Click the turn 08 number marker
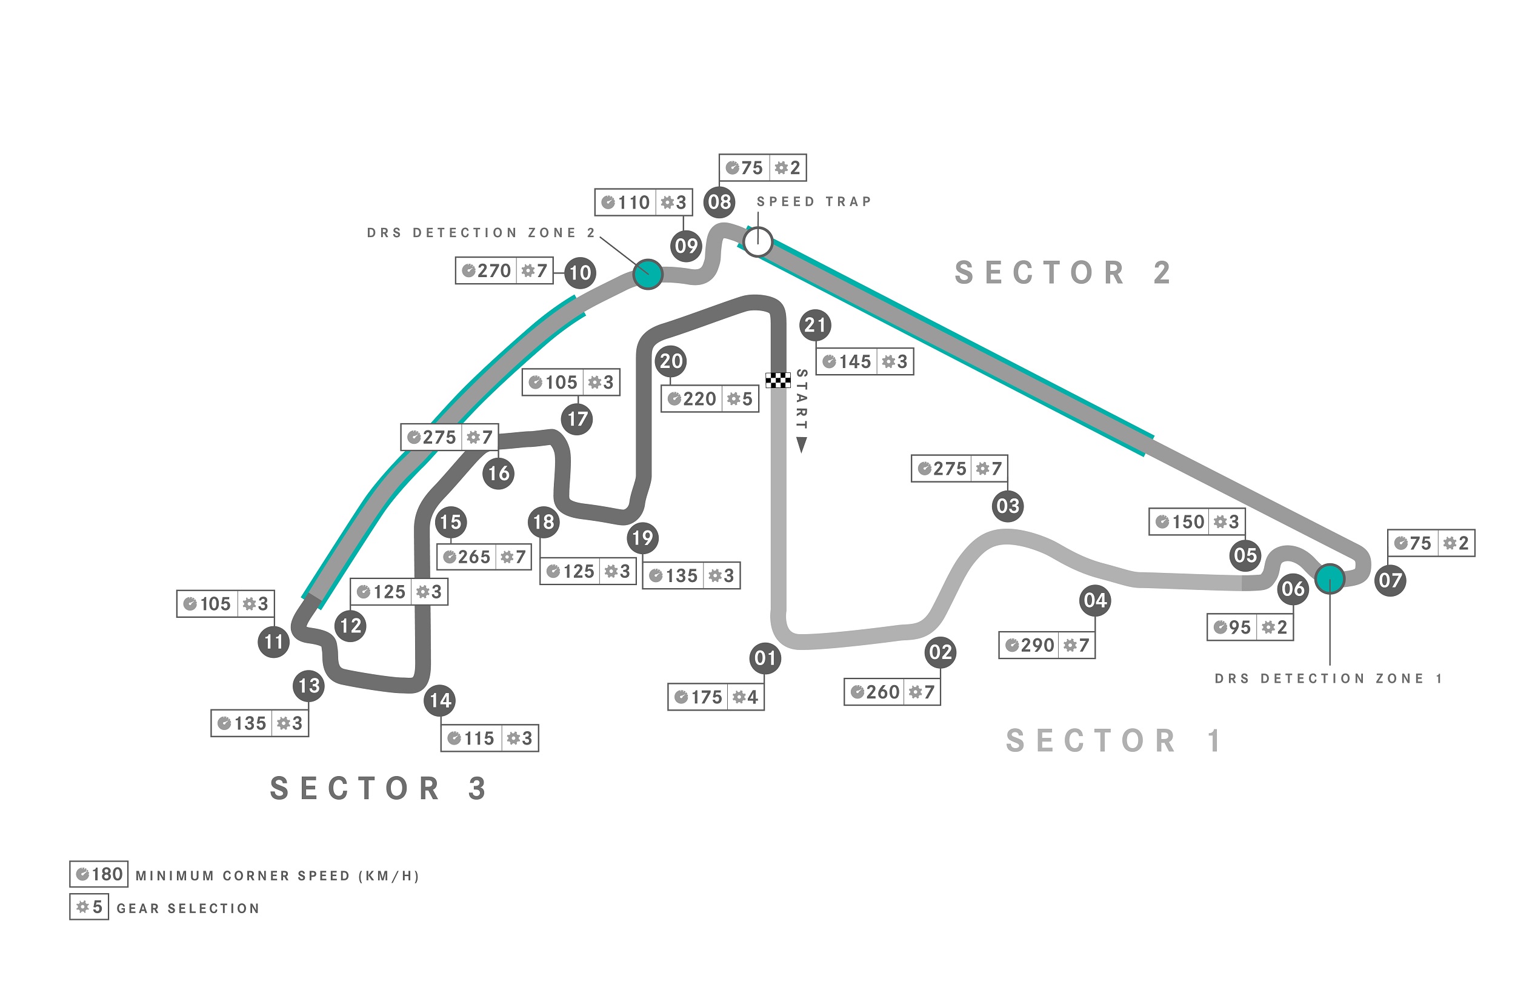pyautogui.click(x=719, y=202)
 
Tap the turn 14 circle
pyautogui.click(x=441, y=701)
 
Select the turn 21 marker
pyautogui.click(x=816, y=325)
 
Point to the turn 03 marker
pyautogui.click(x=1008, y=506)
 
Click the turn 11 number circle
pyautogui.click(x=274, y=641)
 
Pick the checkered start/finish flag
pyautogui.click(x=778, y=380)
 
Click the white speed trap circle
pyautogui.click(x=757, y=242)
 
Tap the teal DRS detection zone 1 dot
pyautogui.click(x=1330, y=579)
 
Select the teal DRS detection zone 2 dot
pyautogui.click(x=648, y=275)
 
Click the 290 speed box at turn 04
pyautogui.click(x=1047, y=645)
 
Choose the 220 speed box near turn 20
pyautogui.click(x=710, y=399)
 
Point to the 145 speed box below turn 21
pyautogui.click(x=864, y=362)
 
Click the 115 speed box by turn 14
pyautogui.click(x=490, y=738)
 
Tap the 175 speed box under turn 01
pyautogui.click(x=716, y=697)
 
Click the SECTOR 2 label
pyautogui.click(x=1063, y=273)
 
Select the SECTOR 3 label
pyautogui.click(x=379, y=789)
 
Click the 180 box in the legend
pyautogui.click(x=99, y=874)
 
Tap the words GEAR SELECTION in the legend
pyautogui.click(x=188, y=908)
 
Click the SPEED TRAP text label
pyautogui.click(x=813, y=202)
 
